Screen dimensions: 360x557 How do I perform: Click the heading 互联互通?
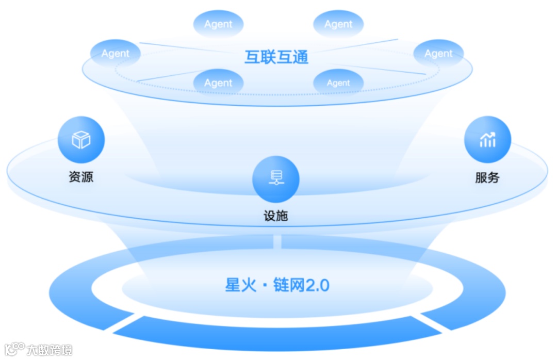tap(276, 56)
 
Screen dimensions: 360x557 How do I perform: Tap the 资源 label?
tap(81, 177)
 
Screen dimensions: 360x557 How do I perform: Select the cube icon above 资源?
tap(81, 140)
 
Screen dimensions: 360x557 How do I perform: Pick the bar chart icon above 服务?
tap(487, 139)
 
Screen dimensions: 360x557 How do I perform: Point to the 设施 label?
tap(275, 216)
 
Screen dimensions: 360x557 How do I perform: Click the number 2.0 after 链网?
tap(318, 285)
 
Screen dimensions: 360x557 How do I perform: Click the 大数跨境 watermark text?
tap(50, 349)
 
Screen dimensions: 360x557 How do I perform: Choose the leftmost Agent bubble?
tap(115, 53)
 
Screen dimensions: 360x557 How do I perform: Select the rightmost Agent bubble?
tap(438, 53)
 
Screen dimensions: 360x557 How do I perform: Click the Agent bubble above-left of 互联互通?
tap(218, 24)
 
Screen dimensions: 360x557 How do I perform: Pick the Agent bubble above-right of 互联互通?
tap(338, 24)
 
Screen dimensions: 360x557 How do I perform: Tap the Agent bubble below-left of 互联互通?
tap(218, 83)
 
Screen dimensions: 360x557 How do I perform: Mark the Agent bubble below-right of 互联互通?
tap(338, 83)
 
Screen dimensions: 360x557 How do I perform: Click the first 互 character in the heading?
tap(252, 56)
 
